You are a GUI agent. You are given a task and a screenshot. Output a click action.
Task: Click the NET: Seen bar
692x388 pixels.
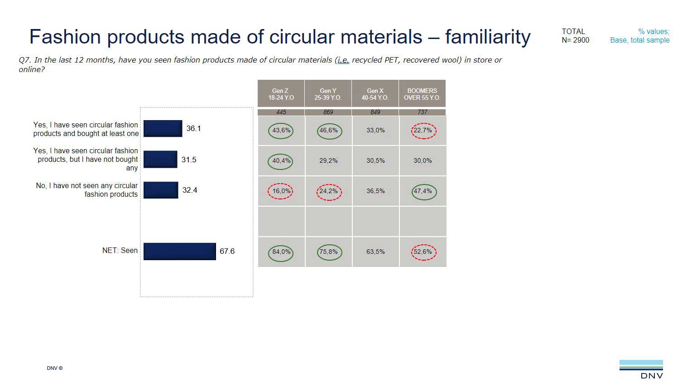(179, 252)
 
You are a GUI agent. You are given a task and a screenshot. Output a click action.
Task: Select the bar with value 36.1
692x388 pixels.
(163, 129)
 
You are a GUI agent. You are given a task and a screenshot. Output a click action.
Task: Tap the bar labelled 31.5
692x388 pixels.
(160, 160)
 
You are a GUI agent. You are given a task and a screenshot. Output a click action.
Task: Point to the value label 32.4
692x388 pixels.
(190, 190)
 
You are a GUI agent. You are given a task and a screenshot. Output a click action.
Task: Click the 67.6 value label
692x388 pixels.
(227, 251)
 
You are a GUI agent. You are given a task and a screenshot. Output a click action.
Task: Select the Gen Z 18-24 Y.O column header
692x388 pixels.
(281, 94)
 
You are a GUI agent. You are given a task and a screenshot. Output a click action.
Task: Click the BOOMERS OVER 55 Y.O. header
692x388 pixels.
(422, 94)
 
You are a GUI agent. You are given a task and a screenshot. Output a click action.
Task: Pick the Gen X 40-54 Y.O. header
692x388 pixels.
(375, 94)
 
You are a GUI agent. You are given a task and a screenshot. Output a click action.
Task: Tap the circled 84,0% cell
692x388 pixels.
(281, 252)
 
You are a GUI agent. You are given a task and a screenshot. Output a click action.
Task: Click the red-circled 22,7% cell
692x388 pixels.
(423, 131)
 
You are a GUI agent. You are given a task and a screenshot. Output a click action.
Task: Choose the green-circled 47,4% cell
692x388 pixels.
(423, 191)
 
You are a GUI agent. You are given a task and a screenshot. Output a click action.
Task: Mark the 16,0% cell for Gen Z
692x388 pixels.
(281, 191)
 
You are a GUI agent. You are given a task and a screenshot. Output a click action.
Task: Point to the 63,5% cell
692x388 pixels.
(375, 252)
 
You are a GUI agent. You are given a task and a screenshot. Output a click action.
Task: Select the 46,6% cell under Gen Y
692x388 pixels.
(329, 131)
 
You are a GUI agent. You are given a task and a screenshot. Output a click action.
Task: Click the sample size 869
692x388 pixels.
(328, 112)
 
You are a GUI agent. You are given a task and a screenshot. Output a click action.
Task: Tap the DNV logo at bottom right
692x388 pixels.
(641, 369)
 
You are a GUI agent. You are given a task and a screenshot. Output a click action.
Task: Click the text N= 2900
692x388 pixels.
(576, 40)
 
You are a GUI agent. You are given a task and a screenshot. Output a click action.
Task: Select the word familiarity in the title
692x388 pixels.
(488, 37)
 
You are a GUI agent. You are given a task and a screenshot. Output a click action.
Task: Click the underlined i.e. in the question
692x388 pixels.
(343, 60)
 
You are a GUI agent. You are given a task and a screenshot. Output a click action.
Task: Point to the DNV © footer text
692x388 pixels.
(55, 368)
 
